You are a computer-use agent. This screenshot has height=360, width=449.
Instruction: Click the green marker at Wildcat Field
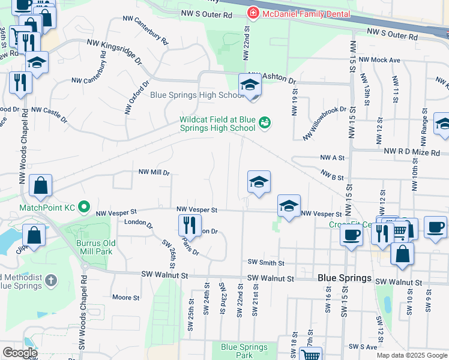(x=264, y=124)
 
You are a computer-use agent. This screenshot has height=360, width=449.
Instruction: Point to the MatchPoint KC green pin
(x=84, y=208)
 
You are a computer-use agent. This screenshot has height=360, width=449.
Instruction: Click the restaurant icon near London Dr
(x=189, y=226)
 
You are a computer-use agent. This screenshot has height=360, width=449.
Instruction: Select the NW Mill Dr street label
(x=154, y=172)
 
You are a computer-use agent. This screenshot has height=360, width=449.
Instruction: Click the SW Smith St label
(x=265, y=262)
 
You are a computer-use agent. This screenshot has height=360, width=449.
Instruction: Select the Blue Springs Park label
(x=244, y=350)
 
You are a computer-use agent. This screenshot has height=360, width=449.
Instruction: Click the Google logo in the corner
(x=19, y=353)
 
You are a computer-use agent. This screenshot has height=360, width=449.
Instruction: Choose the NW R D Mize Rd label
(x=411, y=152)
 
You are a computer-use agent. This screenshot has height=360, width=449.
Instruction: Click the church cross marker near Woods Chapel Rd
(x=52, y=280)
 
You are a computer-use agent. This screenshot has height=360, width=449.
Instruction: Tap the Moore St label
(x=126, y=297)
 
